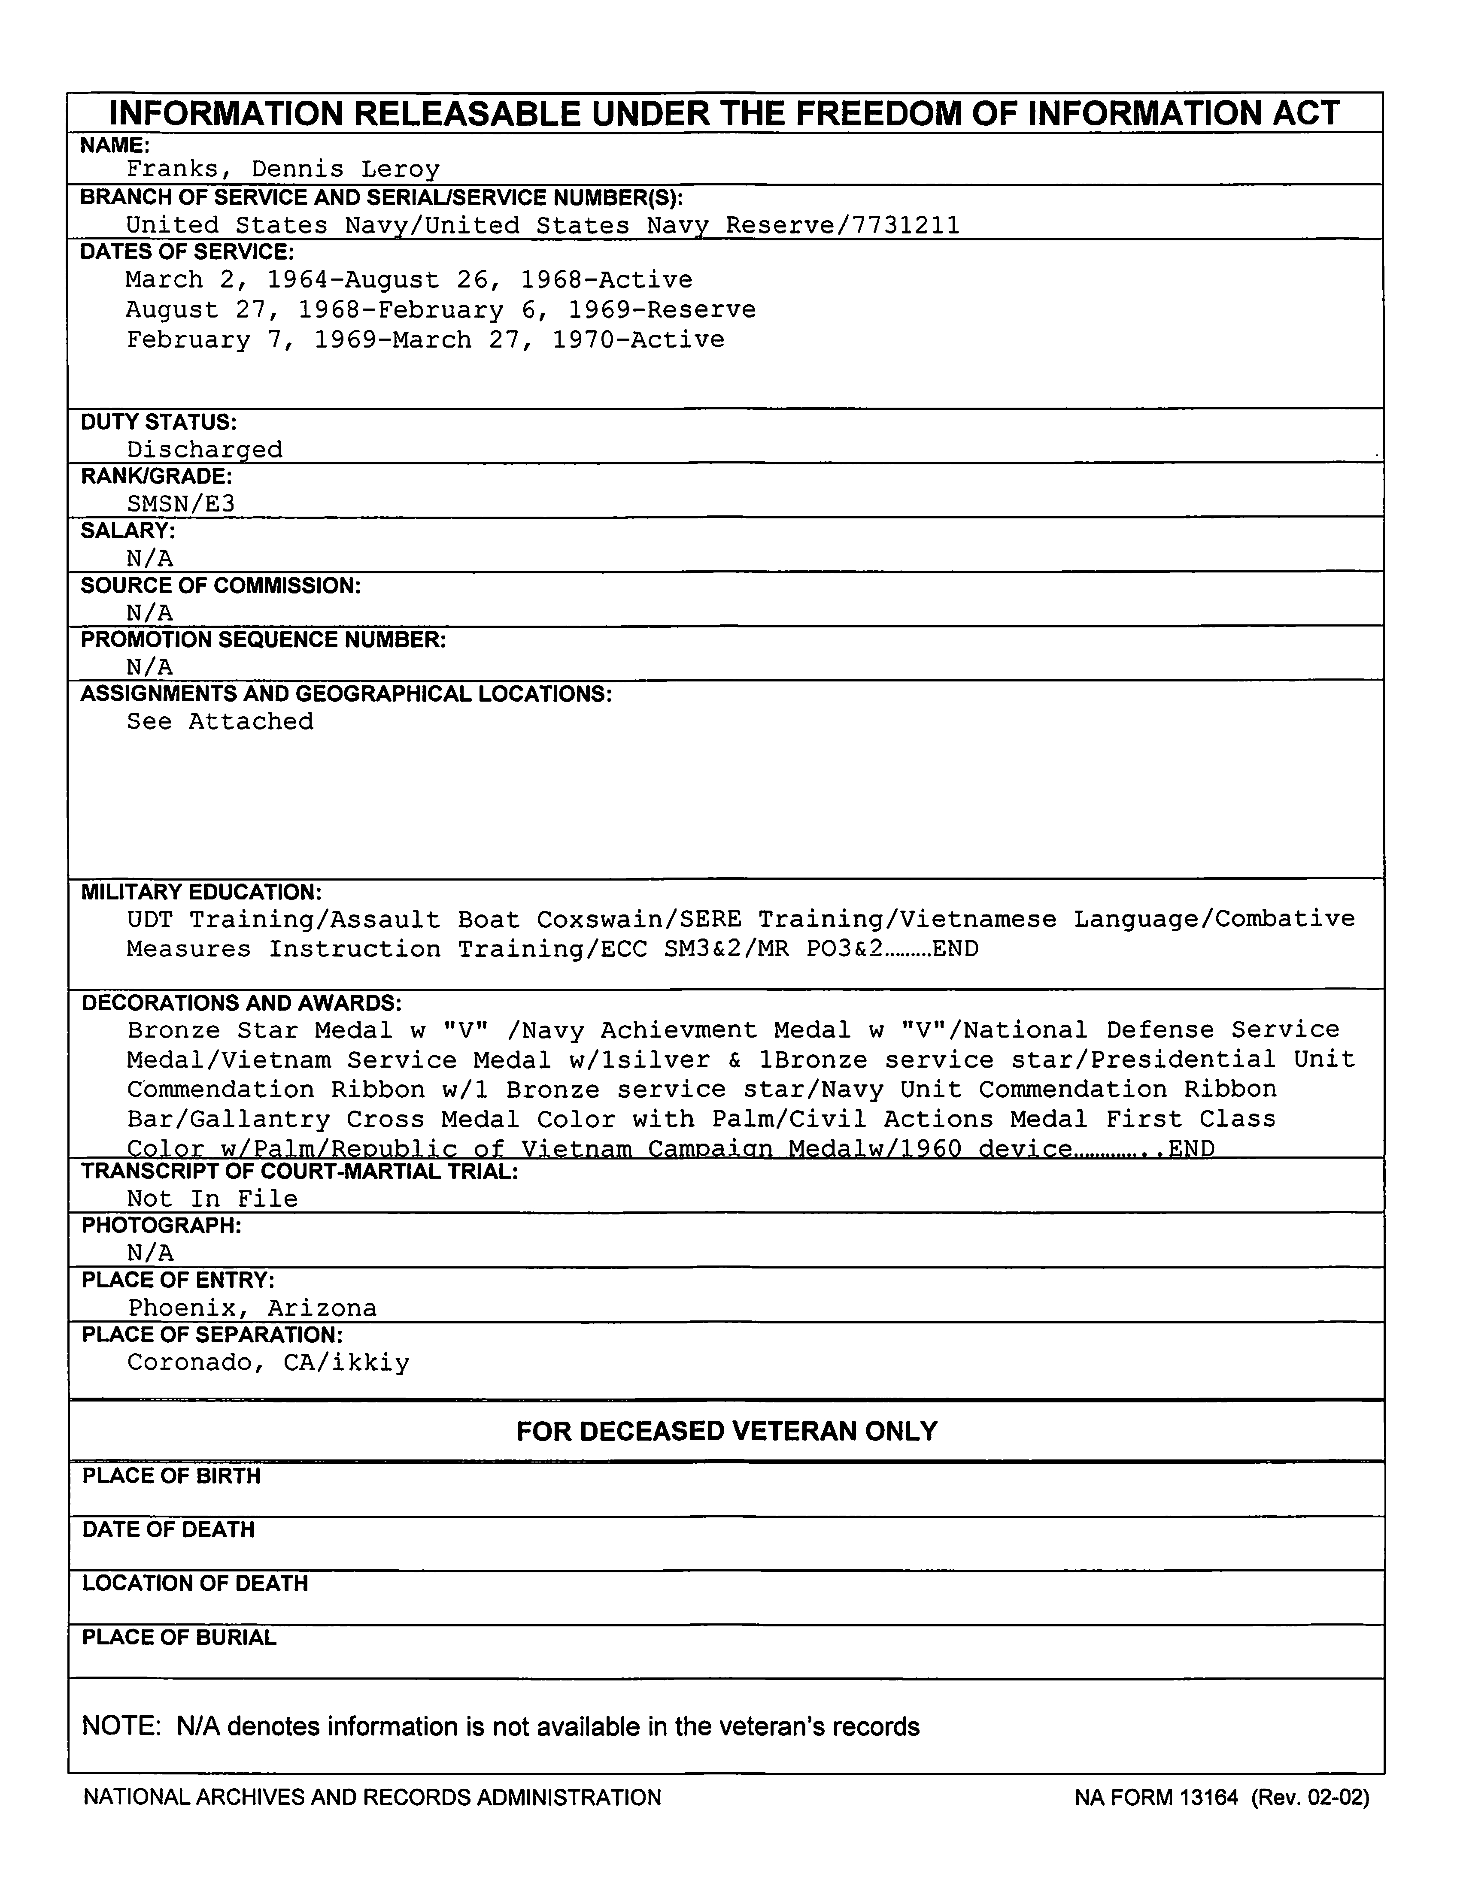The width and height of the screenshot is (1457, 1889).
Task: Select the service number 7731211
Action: point(906,226)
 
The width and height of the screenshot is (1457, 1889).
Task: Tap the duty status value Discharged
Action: point(204,450)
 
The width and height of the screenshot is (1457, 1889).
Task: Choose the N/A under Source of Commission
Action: point(149,613)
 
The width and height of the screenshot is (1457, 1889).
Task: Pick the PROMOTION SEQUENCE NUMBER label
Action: point(263,640)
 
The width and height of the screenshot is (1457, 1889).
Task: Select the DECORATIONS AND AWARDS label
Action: point(241,1003)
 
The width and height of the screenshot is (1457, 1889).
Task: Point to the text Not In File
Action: point(212,1199)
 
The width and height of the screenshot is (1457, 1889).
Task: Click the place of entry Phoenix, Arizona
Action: point(252,1308)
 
